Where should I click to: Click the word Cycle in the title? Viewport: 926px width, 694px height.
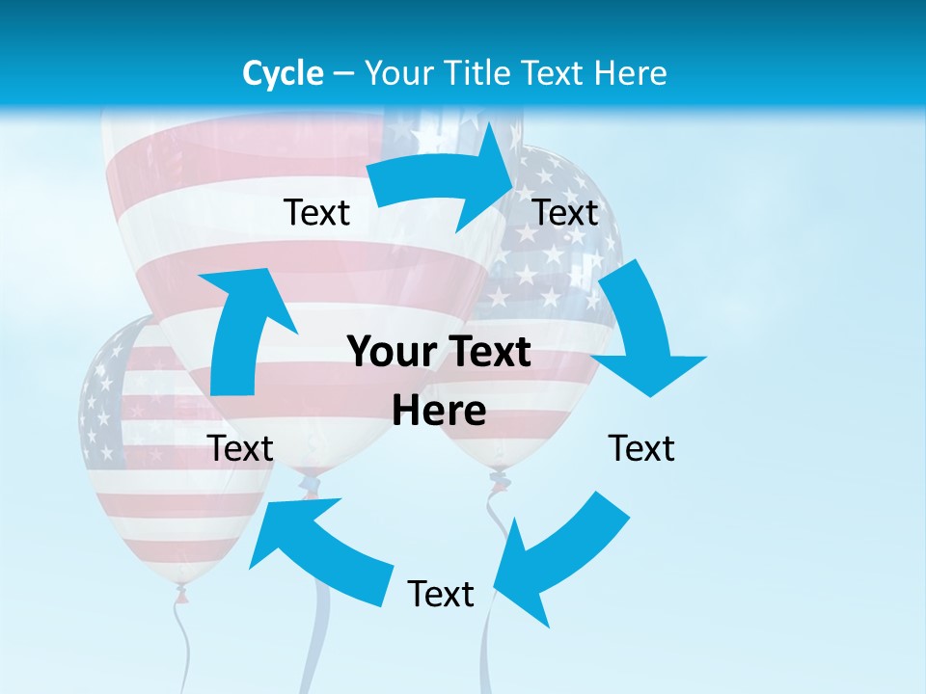pyautogui.click(x=283, y=73)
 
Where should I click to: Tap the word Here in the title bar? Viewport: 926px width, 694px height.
pyautogui.click(x=632, y=73)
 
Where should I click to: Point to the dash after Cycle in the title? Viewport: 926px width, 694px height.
pyautogui.click(x=342, y=74)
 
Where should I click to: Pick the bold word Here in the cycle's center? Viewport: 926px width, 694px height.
pyautogui.click(x=439, y=411)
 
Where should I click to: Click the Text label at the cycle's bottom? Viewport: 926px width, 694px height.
pyautogui.click(x=441, y=594)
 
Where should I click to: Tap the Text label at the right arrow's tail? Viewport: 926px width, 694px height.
pyautogui.click(x=316, y=212)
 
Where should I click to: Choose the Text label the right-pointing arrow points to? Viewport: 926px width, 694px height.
pyautogui.click(x=565, y=212)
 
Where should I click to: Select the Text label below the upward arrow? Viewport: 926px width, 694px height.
pyautogui.click(x=240, y=448)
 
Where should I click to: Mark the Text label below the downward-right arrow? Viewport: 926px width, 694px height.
pyautogui.click(x=641, y=448)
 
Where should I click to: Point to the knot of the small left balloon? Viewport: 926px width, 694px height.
pyautogui.click(x=181, y=596)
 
